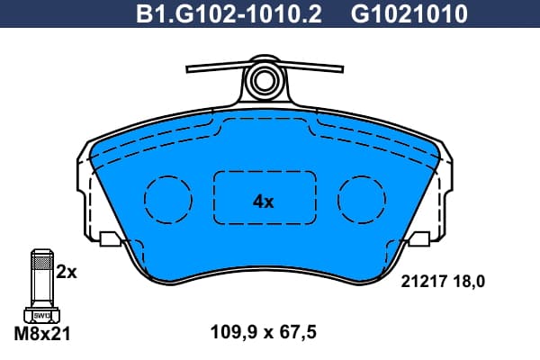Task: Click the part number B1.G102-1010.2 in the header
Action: coord(229,14)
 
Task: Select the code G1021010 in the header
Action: coord(409,14)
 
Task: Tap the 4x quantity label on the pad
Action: coord(264,202)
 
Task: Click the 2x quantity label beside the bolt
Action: coord(67,273)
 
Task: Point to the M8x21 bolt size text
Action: coord(42,334)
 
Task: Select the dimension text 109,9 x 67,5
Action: coord(263,332)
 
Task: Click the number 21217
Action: coord(424,282)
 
